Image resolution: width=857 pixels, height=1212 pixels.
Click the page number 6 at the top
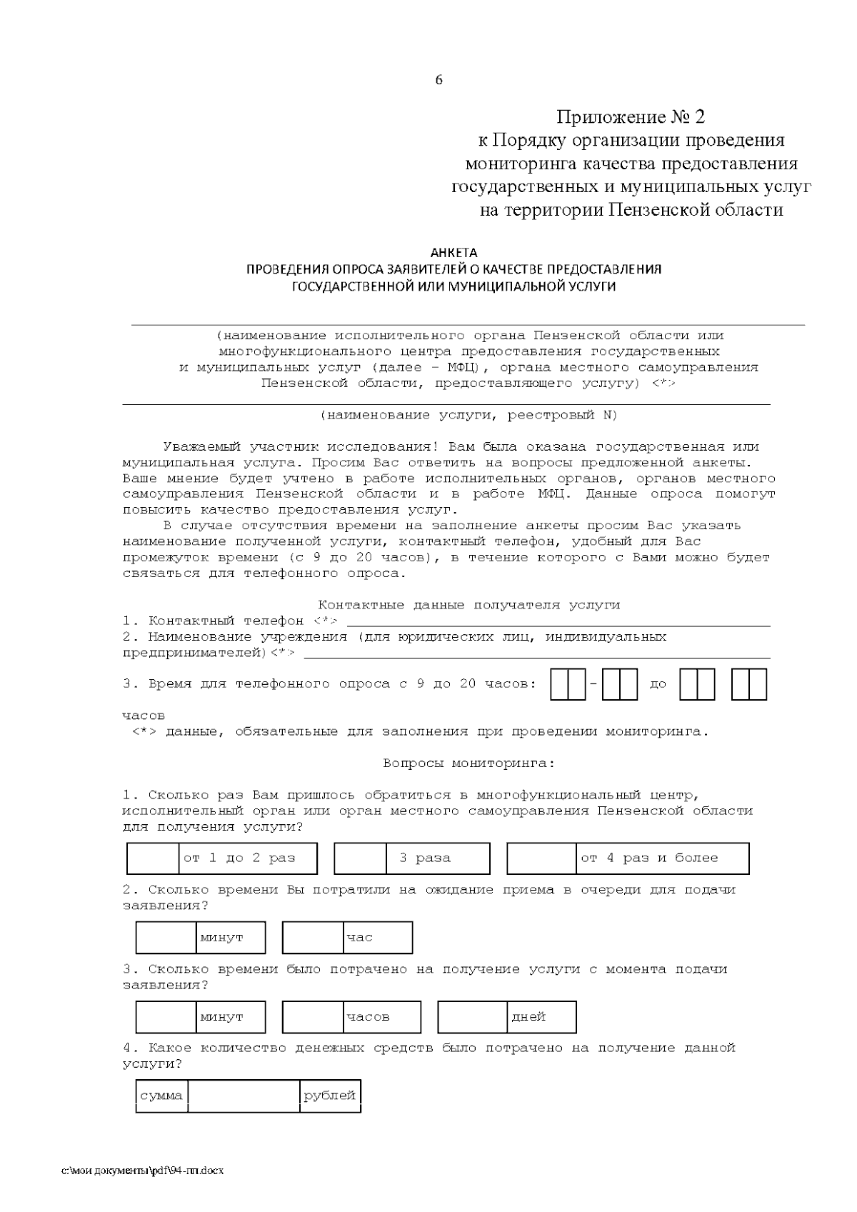[438, 80]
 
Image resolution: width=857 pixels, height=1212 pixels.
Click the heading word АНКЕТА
[453, 253]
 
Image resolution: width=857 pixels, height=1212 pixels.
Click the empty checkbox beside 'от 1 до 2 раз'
[153, 858]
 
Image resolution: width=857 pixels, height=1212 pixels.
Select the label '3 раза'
[425, 858]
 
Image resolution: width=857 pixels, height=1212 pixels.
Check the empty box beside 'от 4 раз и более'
[541, 858]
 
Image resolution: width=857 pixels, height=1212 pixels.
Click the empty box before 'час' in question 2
[313, 938]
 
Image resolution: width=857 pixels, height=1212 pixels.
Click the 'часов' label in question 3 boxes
[368, 1017]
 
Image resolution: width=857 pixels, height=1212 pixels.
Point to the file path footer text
[143, 1172]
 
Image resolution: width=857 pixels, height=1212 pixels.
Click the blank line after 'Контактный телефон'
[557, 621]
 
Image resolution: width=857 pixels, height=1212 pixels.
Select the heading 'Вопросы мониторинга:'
[468, 763]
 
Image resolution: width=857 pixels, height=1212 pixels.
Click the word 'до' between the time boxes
[658, 684]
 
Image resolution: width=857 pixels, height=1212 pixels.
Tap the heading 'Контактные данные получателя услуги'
[468, 605]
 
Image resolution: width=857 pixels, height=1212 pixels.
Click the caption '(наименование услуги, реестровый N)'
[468, 415]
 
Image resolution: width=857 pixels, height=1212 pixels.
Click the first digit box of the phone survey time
[558, 684]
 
